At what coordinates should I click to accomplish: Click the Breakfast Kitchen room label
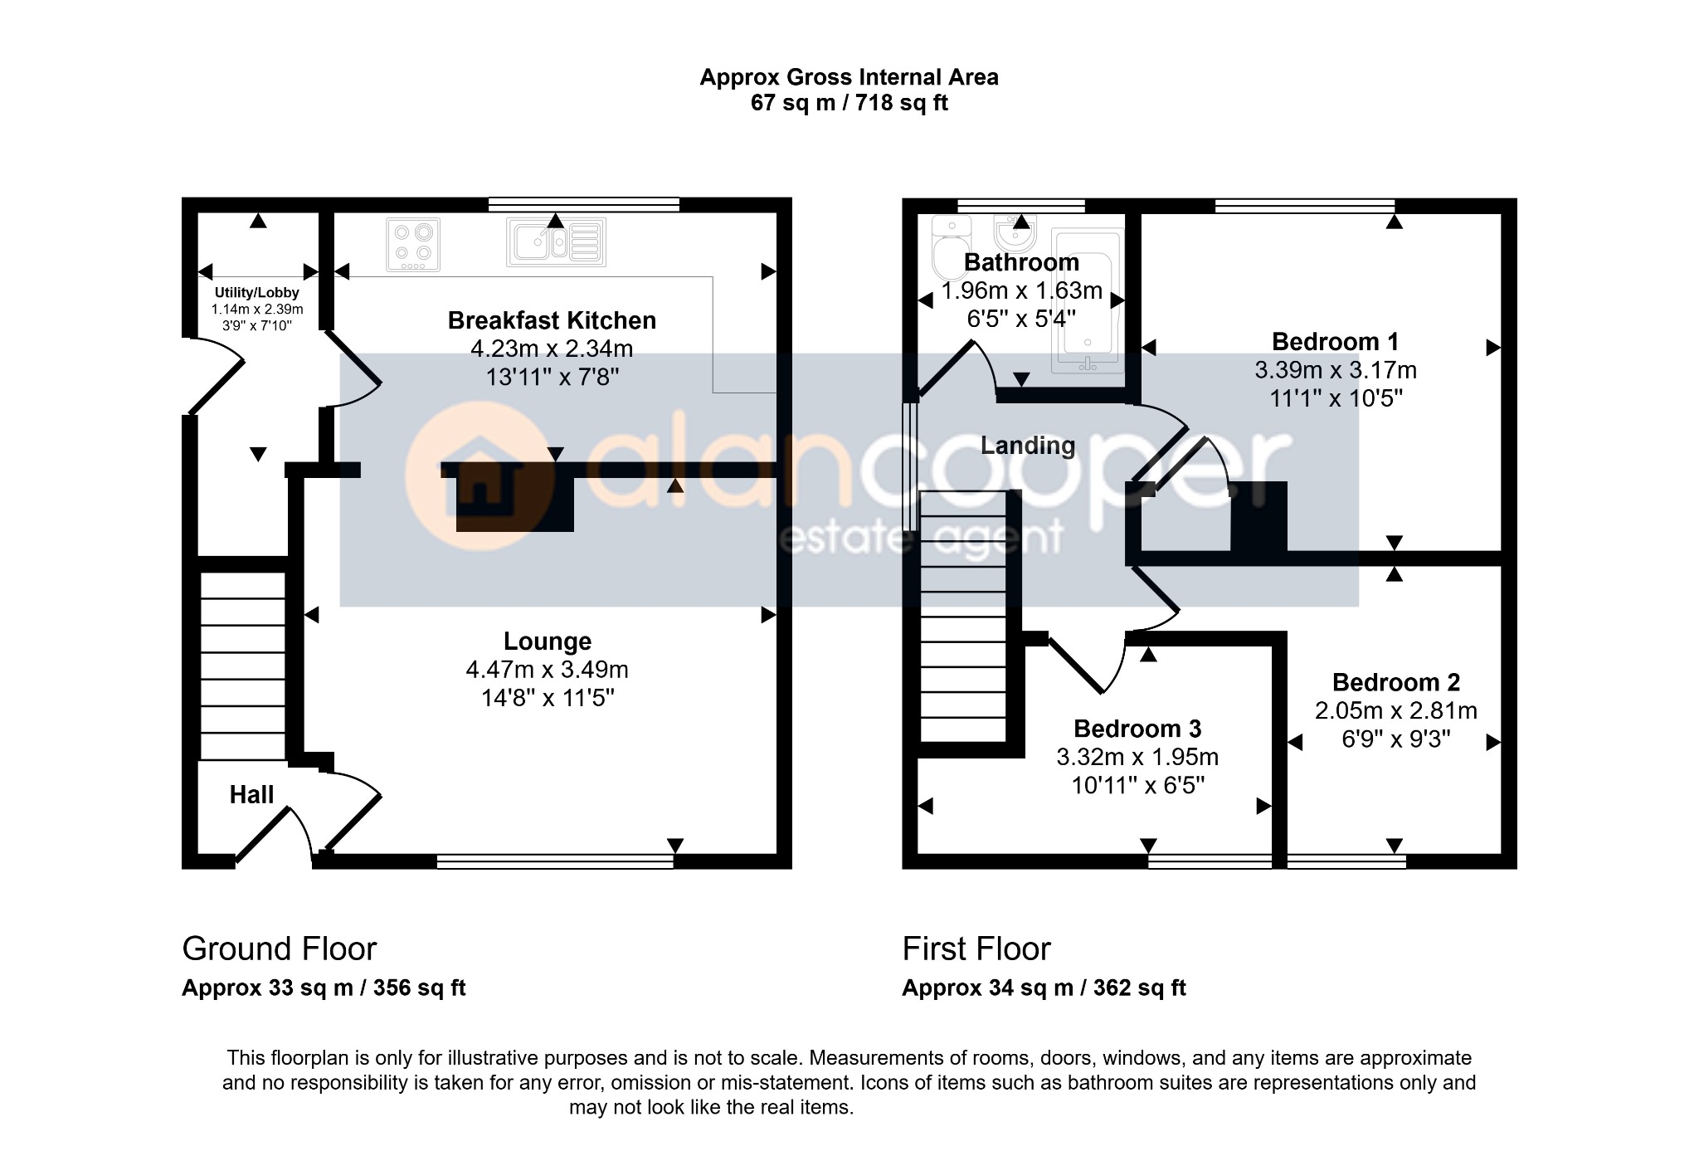pyautogui.click(x=552, y=320)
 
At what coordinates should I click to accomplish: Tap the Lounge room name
pyautogui.click(x=548, y=641)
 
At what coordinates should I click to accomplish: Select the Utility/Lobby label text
pyautogui.click(x=257, y=293)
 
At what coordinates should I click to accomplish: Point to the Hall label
pyautogui.click(x=251, y=795)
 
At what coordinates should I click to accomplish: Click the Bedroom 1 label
pyautogui.click(x=1336, y=342)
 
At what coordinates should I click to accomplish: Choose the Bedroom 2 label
pyautogui.click(x=1396, y=682)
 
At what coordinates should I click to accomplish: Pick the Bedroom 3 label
pyautogui.click(x=1137, y=729)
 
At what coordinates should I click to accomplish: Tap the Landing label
pyautogui.click(x=1028, y=446)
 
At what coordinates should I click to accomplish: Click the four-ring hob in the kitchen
pyautogui.click(x=413, y=244)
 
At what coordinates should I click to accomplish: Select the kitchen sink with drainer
pyautogui.click(x=557, y=242)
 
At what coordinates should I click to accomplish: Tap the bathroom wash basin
pyautogui.click(x=1015, y=234)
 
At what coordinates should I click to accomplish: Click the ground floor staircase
pyautogui.click(x=242, y=666)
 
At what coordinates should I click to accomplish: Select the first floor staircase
pyautogui.click(x=963, y=617)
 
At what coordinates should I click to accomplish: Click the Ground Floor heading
pyautogui.click(x=280, y=949)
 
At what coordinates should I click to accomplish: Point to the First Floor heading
pyautogui.click(x=976, y=949)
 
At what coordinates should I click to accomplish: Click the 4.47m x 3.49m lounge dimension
pyautogui.click(x=548, y=670)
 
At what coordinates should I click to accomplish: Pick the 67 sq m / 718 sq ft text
pyautogui.click(x=849, y=103)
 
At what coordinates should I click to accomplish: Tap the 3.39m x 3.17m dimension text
pyautogui.click(x=1336, y=370)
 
